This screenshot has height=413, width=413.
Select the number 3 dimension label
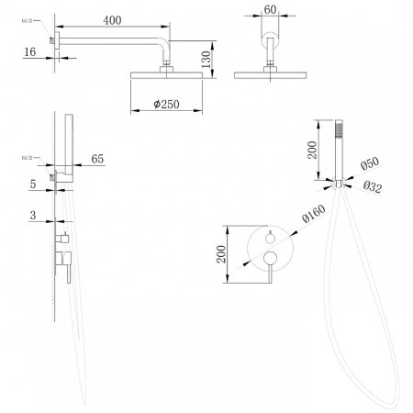(34, 218)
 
